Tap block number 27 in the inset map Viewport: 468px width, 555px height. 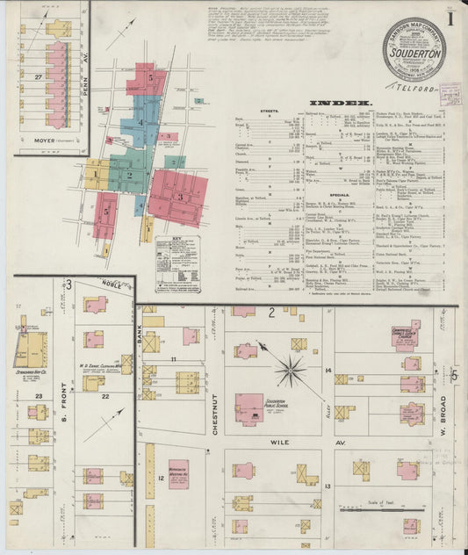click(36, 77)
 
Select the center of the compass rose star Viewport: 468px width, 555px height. click(290, 370)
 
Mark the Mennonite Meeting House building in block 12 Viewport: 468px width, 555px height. click(179, 473)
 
